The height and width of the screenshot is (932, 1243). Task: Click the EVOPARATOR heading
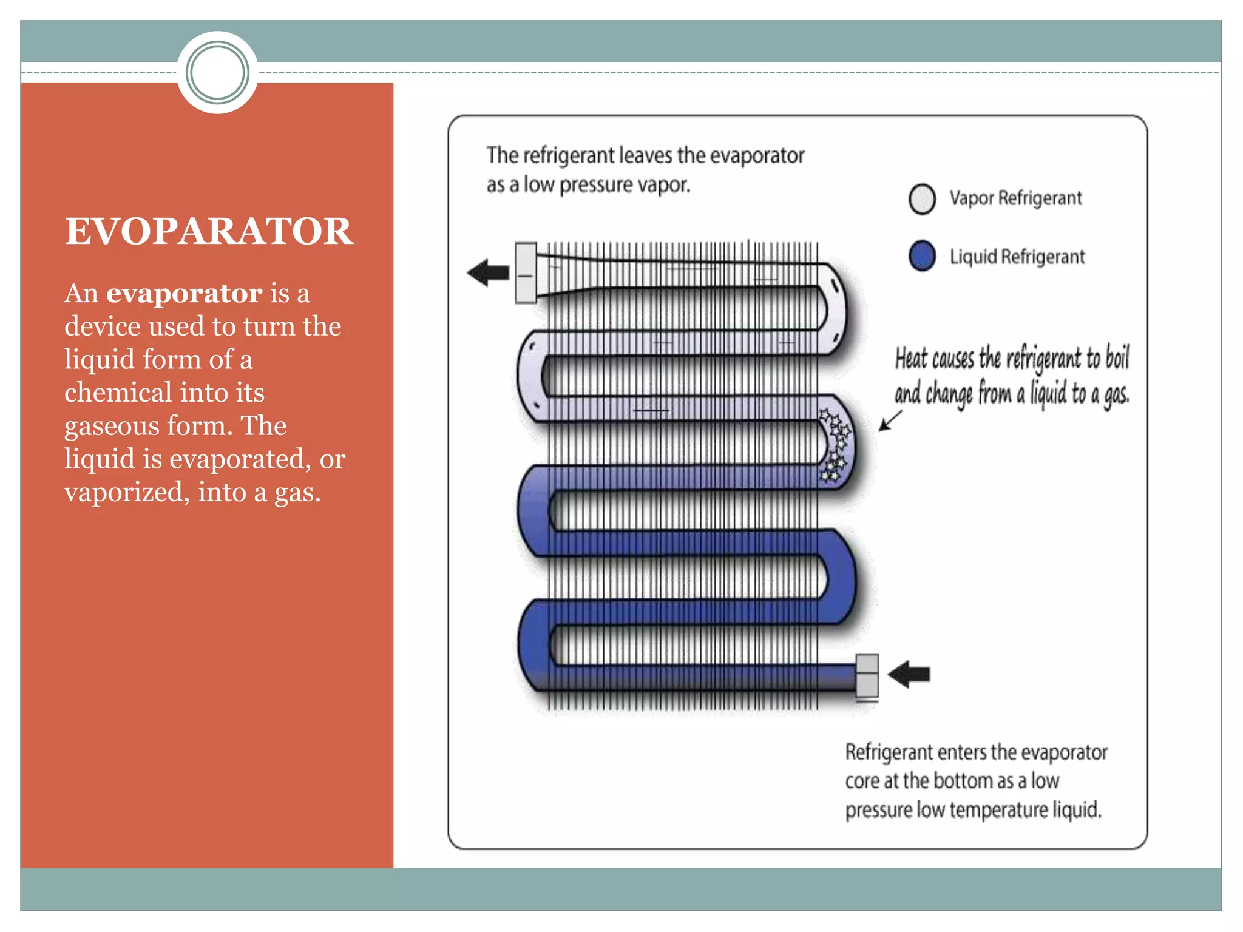209,231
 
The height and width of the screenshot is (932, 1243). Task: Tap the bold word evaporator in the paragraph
184,294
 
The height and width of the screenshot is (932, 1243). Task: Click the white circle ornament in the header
217,73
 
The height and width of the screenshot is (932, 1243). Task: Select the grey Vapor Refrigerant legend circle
922,199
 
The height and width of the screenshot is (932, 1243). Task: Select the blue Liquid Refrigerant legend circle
922,256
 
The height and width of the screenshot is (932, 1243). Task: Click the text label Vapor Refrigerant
1015,198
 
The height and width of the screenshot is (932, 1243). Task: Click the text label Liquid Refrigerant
1017,257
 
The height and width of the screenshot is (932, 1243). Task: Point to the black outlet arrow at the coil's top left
488,272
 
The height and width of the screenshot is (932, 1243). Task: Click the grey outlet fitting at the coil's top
526,272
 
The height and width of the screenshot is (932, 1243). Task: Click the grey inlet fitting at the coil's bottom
867,675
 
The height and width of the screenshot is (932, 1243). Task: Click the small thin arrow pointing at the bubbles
890,420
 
